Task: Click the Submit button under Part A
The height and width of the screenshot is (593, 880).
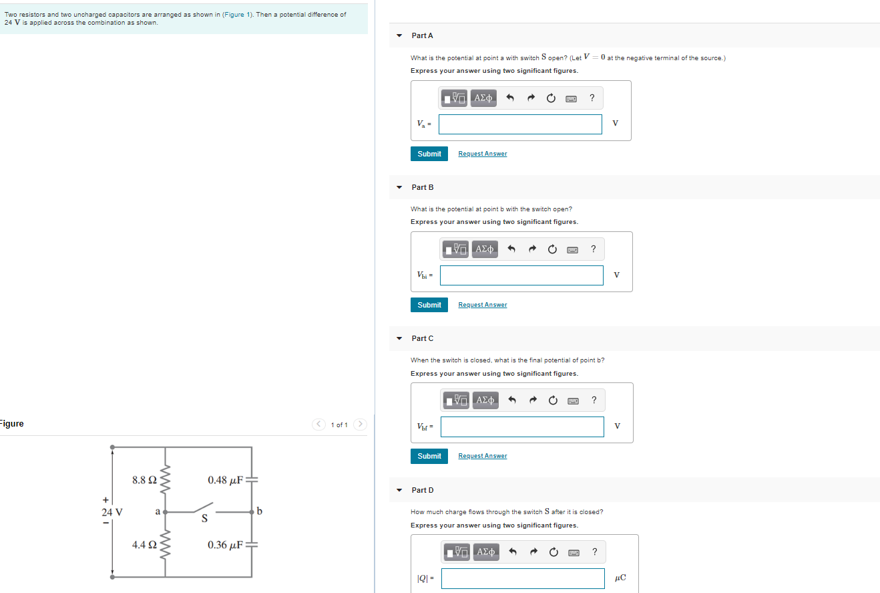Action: point(429,154)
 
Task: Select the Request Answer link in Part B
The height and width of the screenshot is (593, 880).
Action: point(482,305)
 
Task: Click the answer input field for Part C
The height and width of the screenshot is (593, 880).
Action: point(521,427)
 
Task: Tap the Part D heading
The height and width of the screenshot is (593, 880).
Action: point(423,490)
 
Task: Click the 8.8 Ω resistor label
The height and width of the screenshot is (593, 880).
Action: point(144,480)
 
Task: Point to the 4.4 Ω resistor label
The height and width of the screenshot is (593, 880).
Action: point(144,545)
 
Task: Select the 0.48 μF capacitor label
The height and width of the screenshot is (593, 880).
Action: point(225,480)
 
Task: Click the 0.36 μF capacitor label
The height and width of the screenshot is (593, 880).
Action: point(225,545)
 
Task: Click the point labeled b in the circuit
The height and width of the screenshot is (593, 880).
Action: point(259,511)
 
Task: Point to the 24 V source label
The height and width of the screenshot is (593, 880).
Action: point(112,512)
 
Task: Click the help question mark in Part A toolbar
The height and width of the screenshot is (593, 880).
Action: point(592,98)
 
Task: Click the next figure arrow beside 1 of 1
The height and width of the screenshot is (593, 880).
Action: point(361,425)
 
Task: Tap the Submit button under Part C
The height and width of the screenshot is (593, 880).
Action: point(429,456)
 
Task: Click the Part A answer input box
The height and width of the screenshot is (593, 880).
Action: point(520,124)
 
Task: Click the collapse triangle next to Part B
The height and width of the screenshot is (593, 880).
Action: point(399,187)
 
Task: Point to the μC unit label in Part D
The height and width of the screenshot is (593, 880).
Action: point(620,578)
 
